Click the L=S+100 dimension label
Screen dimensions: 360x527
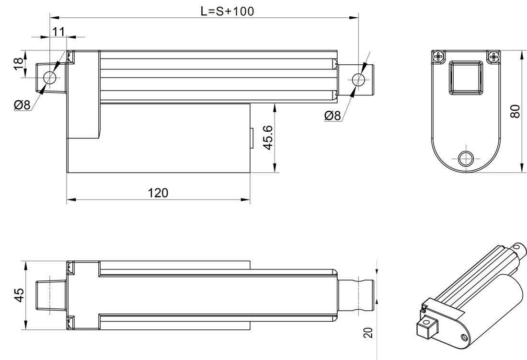click(x=227, y=11)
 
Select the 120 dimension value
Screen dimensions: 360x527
click(x=158, y=193)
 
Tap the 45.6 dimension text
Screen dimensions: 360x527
click(x=268, y=138)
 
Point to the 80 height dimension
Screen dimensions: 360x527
click(x=515, y=111)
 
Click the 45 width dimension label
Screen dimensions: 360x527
click(x=19, y=295)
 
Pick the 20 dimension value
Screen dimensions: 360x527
click(x=368, y=332)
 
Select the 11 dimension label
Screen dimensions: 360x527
click(x=58, y=32)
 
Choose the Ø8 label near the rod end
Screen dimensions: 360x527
click(x=332, y=116)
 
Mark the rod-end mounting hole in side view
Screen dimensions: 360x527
click(x=358, y=79)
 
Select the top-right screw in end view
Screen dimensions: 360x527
click(x=494, y=57)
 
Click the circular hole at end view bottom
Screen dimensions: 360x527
click(x=466, y=158)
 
